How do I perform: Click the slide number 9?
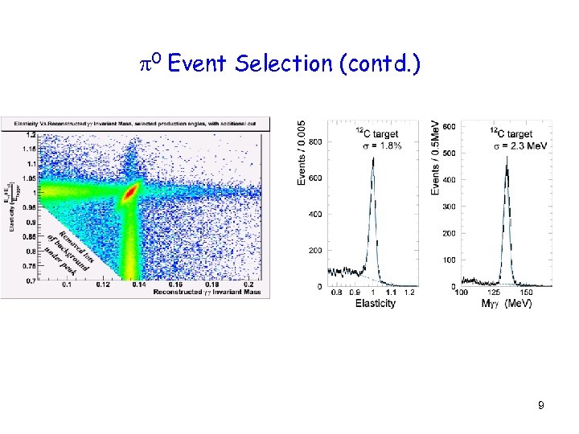(x=541, y=406)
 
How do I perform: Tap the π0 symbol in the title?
(x=152, y=63)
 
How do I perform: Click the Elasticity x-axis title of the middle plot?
(x=375, y=303)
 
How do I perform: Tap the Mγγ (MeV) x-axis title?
(x=506, y=303)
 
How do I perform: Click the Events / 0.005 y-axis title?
(x=302, y=152)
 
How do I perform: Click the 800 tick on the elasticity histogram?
(x=314, y=142)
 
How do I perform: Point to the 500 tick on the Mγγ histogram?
(x=449, y=153)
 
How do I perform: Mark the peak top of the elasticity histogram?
(x=373, y=158)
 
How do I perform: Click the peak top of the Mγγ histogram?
(x=507, y=158)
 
